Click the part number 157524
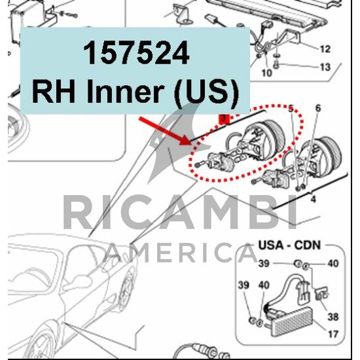click(136, 53)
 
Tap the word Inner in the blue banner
click(124, 92)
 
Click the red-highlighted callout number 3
click(224, 119)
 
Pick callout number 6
click(318, 108)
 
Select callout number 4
click(313, 199)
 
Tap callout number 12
click(325, 49)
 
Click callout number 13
click(325, 67)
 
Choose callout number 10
click(267, 73)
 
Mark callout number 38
click(333, 317)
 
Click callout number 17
click(333, 334)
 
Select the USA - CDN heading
click(289, 245)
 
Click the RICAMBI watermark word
click(180, 212)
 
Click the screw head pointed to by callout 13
click(277, 65)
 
